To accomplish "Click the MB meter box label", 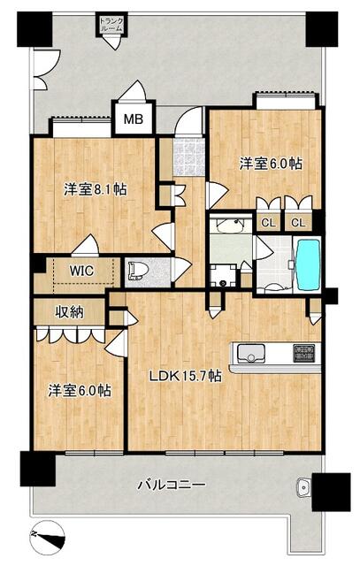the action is pyautogui.click(x=134, y=119).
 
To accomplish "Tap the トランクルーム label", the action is pyautogui.click(x=111, y=25).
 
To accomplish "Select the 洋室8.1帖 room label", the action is pyautogui.click(x=96, y=189).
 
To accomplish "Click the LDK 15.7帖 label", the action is pyautogui.click(x=186, y=377).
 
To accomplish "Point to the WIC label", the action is pyautogui.click(x=81, y=271).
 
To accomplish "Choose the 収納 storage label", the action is pyautogui.click(x=69, y=312).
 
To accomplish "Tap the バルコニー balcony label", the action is pyautogui.click(x=172, y=484).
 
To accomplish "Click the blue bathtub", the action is pyautogui.click(x=308, y=264).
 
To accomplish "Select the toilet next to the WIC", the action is pyautogui.click(x=138, y=271).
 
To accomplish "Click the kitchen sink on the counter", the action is pyautogui.click(x=251, y=352).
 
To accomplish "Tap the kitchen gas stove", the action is pyautogui.click(x=303, y=353).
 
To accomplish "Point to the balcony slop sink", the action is pyautogui.click(x=303, y=488).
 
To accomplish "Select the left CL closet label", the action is pyautogui.click(x=268, y=223).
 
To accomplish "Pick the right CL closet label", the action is pyautogui.click(x=298, y=223).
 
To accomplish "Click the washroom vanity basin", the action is pyautogui.click(x=230, y=226).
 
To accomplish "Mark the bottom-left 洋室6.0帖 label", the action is pyautogui.click(x=80, y=391).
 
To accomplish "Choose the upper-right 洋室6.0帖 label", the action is pyautogui.click(x=271, y=164).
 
